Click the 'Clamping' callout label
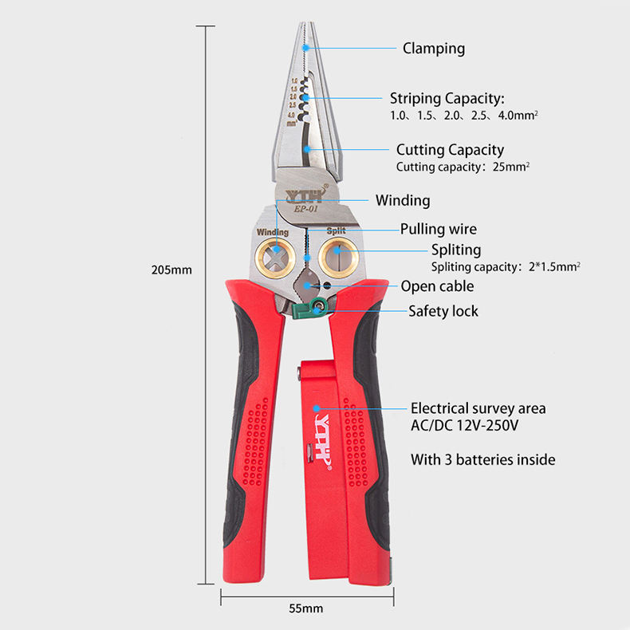[433, 49]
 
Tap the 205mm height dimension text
[172, 270]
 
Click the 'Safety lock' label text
[443, 311]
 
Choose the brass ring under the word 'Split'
[337, 257]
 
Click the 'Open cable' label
[437, 286]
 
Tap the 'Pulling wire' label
[438, 230]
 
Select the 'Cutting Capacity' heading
[450, 150]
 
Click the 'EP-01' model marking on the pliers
[305, 210]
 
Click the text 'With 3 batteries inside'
[482, 460]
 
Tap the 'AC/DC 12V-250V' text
[464, 425]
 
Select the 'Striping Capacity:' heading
[447, 99]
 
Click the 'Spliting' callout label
[456, 250]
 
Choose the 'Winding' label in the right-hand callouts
[403, 201]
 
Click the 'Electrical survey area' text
[478, 408]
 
